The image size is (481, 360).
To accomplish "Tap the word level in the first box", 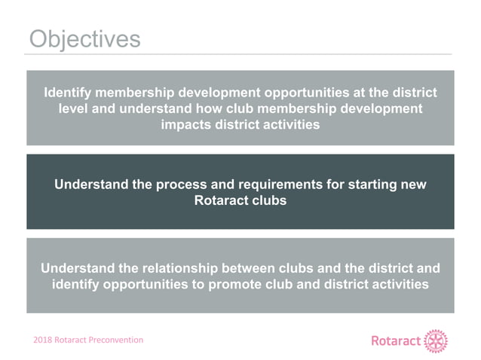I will [x=74, y=109].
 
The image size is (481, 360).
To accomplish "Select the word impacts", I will [x=188, y=125].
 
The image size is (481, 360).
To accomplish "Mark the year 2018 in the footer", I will [x=41, y=340].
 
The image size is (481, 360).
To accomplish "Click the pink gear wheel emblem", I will [x=435, y=341].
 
